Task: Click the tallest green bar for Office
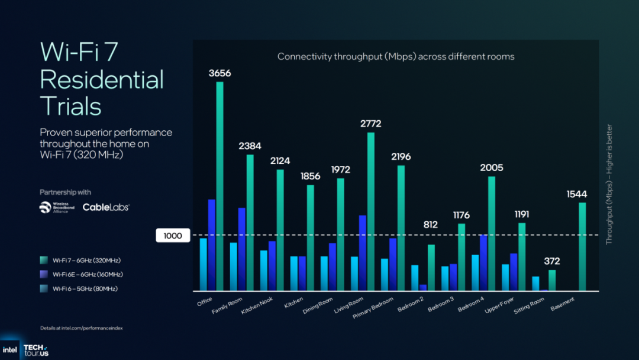tap(220, 186)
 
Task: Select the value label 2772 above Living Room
tap(370, 124)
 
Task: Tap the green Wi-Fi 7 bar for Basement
tap(582, 246)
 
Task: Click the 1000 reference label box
tap(173, 236)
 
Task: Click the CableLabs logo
tap(106, 207)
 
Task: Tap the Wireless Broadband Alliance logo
tap(57, 207)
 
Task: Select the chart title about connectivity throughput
tap(396, 57)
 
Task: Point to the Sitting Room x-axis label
tap(529, 306)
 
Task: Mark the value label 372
tap(551, 261)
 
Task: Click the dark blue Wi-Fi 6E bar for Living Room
tap(363, 253)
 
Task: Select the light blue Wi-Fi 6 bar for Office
tap(203, 264)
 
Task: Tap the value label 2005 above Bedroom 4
tap(491, 168)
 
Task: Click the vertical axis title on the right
tap(609, 184)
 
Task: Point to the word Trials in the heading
tap(71, 106)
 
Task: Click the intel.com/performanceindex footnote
tap(81, 328)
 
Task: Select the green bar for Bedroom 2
tap(431, 268)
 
